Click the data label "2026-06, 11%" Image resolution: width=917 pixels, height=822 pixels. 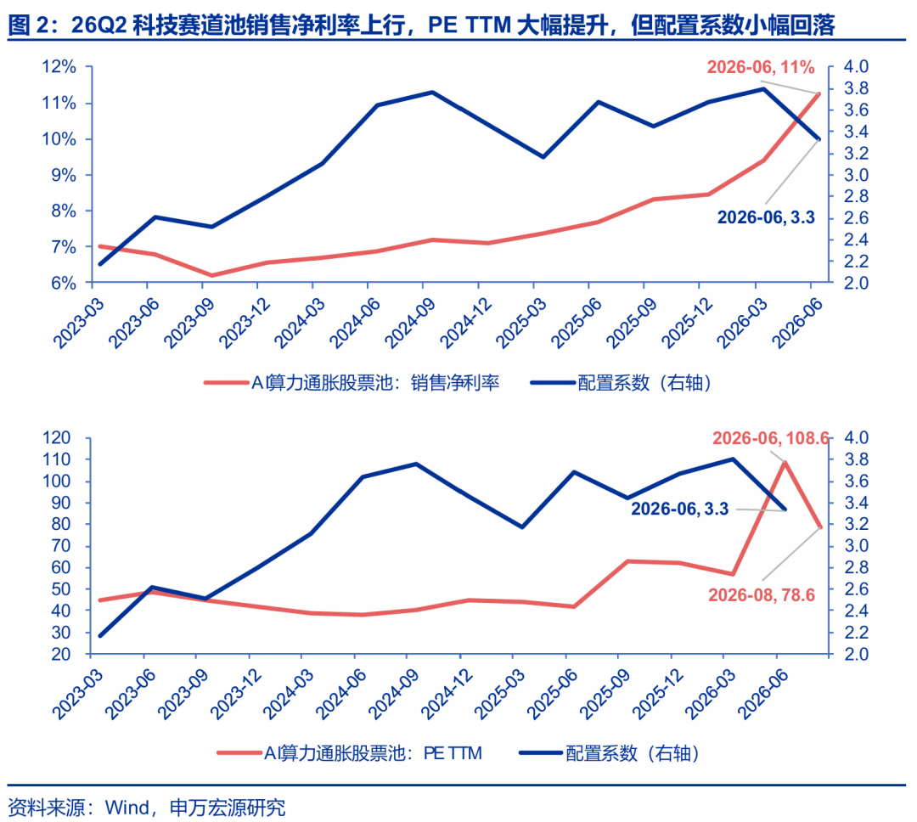pyautogui.click(x=760, y=67)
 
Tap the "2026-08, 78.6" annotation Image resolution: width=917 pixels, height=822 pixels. pyautogui.click(x=762, y=595)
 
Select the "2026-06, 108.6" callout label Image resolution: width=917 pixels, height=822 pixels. pyautogui.click(x=771, y=438)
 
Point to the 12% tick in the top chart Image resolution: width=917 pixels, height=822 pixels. pyautogui.click(x=59, y=67)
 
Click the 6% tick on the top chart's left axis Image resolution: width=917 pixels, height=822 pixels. pyautogui.click(x=63, y=283)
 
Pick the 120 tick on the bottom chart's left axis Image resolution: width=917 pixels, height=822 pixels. pyautogui.click(x=56, y=437)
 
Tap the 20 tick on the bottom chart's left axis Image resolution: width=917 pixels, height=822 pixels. pyautogui.click(x=61, y=654)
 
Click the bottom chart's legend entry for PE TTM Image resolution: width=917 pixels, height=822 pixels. pyautogui.click(x=350, y=753)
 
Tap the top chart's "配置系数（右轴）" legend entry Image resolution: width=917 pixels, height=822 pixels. pyautogui.click(x=621, y=383)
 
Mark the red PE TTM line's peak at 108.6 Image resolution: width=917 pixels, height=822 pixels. pyautogui.click(x=785, y=462)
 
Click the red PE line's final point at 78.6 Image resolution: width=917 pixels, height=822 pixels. pyautogui.click(x=820, y=526)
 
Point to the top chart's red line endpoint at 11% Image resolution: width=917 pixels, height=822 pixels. pyautogui.click(x=819, y=93)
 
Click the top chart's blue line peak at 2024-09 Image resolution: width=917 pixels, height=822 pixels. pyautogui.click(x=432, y=93)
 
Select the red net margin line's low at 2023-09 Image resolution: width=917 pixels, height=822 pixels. pyautogui.click(x=211, y=276)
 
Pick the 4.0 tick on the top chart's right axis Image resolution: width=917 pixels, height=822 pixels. pyautogui.click(x=856, y=67)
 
